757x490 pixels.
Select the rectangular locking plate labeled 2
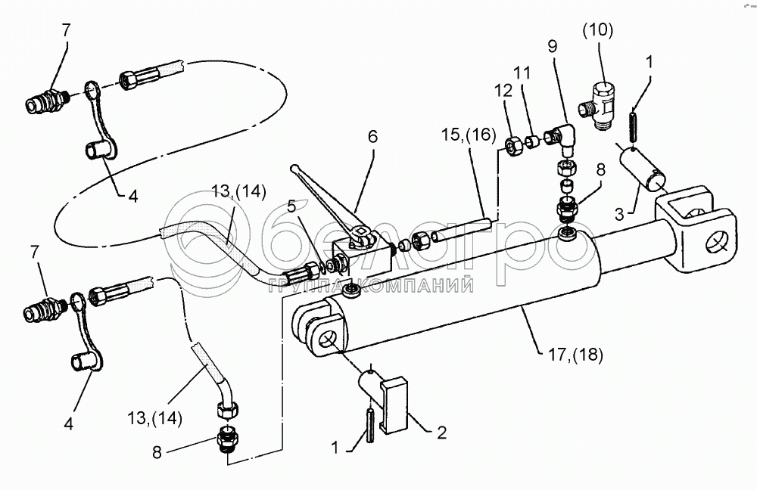(x=394, y=408)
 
